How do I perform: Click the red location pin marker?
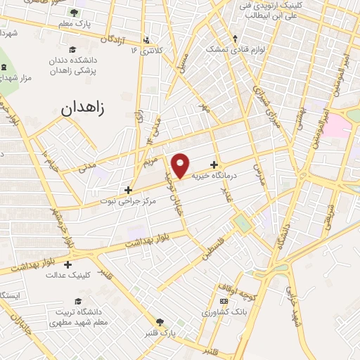click(x=181, y=165)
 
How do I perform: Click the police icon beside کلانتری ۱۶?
click(x=146, y=39)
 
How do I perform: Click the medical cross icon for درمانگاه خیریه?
click(x=214, y=165)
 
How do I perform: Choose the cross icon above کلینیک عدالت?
click(x=67, y=264)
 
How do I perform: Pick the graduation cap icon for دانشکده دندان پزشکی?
click(x=72, y=49)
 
